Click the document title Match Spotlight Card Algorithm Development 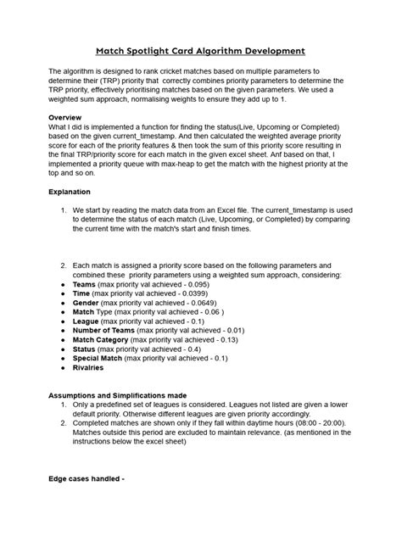(x=200, y=51)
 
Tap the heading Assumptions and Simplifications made (x=128, y=395)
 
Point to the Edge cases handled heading (x=87, y=479)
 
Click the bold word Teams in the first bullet (x=84, y=286)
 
